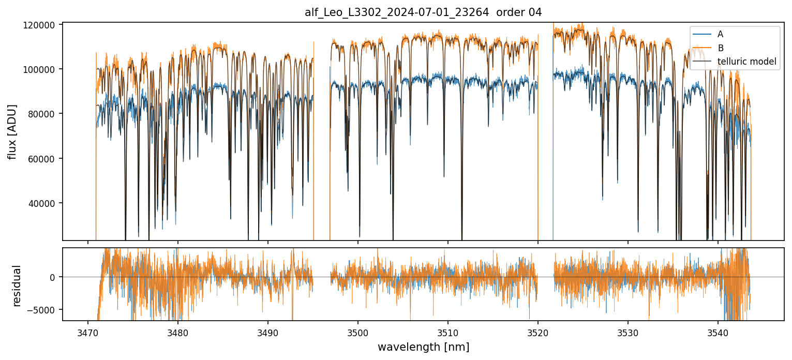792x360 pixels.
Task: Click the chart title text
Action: coord(423,12)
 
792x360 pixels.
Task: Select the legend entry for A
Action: coord(720,35)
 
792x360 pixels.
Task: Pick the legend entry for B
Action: coord(720,48)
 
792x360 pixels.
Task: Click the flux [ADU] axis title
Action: coord(12,131)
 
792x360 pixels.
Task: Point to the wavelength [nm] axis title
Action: coord(423,347)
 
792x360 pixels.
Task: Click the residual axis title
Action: coord(17,286)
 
